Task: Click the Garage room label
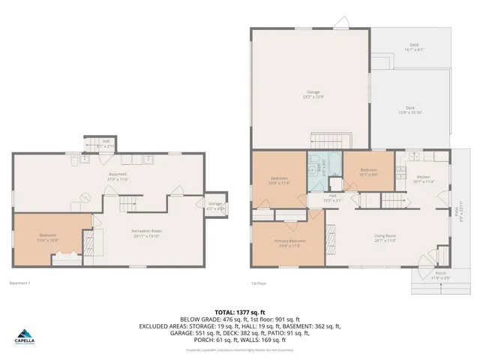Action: (x=313, y=94)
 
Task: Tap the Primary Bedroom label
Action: (x=289, y=244)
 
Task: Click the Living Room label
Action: (x=385, y=238)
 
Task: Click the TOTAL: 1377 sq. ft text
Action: (x=239, y=311)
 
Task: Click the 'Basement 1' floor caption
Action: (x=19, y=283)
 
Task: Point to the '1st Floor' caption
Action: (x=259, y=283)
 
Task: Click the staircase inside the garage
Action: (x=331, y=141)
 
